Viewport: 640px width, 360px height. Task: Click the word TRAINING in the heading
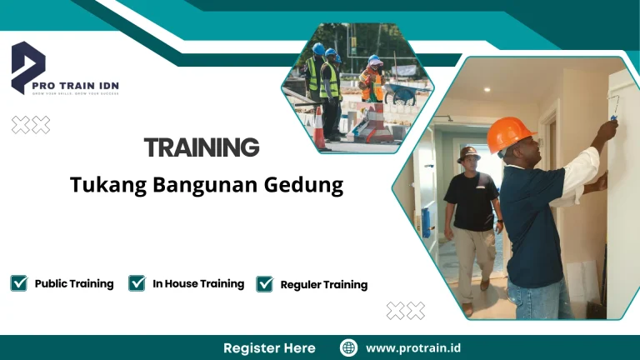tap(202, 148)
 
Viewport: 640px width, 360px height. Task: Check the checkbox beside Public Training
tap(18, 283)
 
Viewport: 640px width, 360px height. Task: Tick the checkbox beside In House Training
tap(137, 283)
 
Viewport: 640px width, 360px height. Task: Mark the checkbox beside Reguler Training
tap(265, 284)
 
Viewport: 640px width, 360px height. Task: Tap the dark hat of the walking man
tap(469, 153)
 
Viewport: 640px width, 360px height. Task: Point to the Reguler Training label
tap(324, 285)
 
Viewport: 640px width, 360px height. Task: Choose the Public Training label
tap(74, 284)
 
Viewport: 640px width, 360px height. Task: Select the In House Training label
tap(198, 284)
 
